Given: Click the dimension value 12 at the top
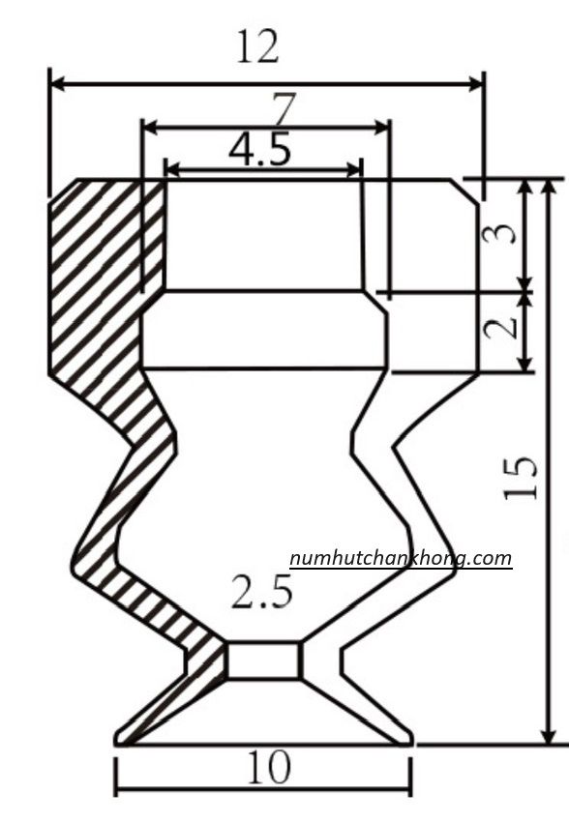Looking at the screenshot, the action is tap(257, 46).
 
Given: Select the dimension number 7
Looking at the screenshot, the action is tap(284, 107).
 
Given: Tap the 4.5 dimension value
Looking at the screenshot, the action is tap(259, 149).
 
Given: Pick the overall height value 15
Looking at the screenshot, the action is tap(521, 478).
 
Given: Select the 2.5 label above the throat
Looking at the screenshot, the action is tap(261, 591).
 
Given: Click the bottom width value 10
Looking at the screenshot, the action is tap(268, 768).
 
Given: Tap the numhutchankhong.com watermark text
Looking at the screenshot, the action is tap(401, 558).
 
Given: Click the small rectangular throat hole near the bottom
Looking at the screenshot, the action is tap(263, 661).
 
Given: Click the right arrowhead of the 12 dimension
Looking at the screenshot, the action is tap(476, 83).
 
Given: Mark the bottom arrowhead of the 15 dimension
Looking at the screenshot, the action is tap(548, 736).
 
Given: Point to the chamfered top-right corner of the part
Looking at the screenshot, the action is tap(464, 191).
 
